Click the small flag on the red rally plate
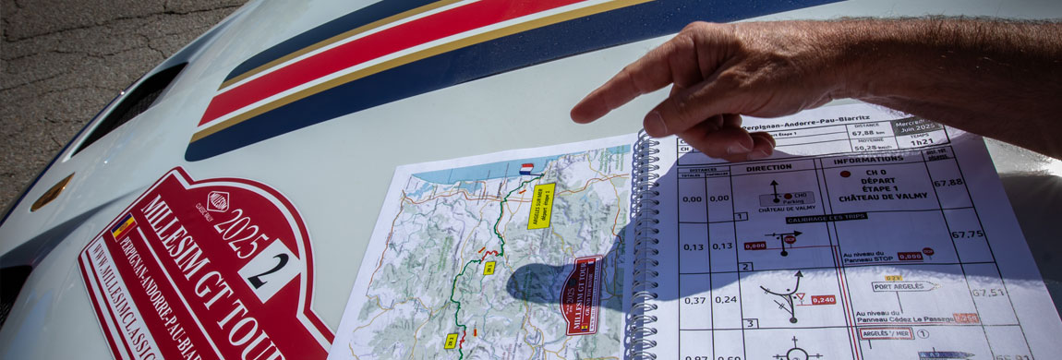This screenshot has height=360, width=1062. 124,226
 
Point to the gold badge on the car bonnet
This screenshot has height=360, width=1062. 51,192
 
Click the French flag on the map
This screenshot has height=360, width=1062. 526,169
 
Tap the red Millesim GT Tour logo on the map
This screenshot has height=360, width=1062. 582,294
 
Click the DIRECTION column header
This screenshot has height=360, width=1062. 768,168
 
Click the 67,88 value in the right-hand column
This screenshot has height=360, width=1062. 947,183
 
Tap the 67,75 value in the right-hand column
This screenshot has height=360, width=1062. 966,234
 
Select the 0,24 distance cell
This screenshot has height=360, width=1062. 727,299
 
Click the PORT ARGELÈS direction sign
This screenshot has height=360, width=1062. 903,286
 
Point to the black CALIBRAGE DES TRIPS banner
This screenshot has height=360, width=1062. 801,220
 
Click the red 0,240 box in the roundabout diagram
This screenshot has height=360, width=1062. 823,300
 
